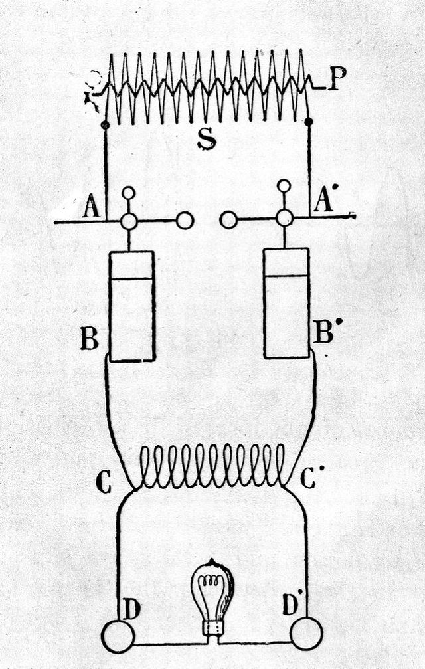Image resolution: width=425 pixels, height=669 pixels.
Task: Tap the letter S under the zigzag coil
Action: tap(207, 140)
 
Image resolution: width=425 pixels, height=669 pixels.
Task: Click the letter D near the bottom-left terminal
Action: tap(131, 608)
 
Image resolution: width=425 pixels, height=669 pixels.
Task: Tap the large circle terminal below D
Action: tap(118, 636)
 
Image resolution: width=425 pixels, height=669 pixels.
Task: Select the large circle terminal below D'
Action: tap(306, 633)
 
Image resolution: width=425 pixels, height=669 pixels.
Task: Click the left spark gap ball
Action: tap(185, 220)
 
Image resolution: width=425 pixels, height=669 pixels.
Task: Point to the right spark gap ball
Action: tap(228, 219)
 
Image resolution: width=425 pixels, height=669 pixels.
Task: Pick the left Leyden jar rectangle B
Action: tap(132, 306)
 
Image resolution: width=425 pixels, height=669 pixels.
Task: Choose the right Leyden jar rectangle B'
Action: tap(286, 303)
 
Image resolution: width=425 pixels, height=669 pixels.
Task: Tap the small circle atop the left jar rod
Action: tap(129, 193)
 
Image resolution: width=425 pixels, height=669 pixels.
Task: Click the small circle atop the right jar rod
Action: tap(284, 186)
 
